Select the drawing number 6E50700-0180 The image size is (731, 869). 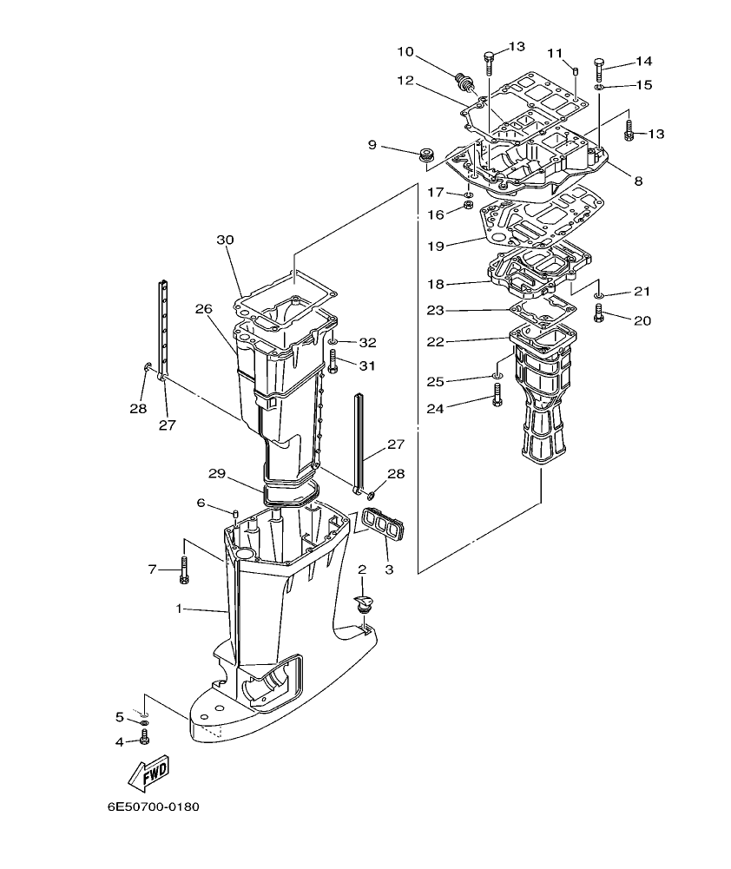pos(154,806)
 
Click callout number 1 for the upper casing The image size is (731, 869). pos(180,609)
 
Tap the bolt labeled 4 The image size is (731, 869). pos(145,739)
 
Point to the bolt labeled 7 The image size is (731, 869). pos(183,569)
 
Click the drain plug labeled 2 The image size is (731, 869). pos(363,602)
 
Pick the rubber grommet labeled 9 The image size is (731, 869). pos(426,156)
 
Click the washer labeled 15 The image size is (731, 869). pos(599,86)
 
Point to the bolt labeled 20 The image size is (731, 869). pos(598,318)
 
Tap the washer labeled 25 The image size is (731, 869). pos(497,376)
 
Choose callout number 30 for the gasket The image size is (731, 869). pos(225,240)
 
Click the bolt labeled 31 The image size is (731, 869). pos(333,363)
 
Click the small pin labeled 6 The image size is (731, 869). pos(235,517)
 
